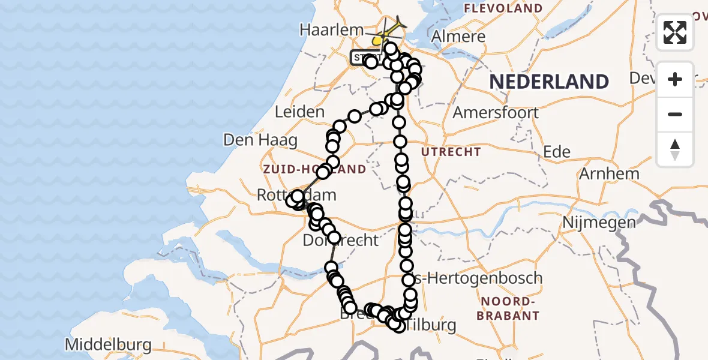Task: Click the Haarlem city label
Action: [332, 29]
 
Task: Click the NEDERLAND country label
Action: [549, 82]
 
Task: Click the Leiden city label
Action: [300, 112]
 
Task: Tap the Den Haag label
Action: [260, 140]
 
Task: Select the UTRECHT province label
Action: [451, 152]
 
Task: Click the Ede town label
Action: [557, 152]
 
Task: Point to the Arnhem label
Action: [609, 174]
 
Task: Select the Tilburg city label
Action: [430, 325]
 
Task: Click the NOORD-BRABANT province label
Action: [509, 308]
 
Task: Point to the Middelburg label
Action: [109, 345]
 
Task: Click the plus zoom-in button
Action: [675, 79]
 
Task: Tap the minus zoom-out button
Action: [675, 114]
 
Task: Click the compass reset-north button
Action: [675, 149]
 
